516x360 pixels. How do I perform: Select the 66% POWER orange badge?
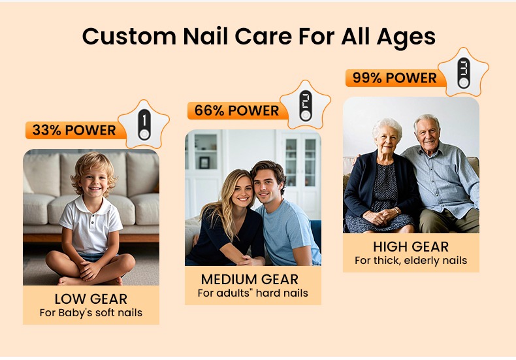point(236,110)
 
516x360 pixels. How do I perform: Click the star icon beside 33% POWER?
point(143,125)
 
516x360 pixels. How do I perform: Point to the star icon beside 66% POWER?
point(304,105)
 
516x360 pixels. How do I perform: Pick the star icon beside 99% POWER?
point(463,72)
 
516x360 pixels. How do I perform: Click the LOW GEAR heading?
point(91,299)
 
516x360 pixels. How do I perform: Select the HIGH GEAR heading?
point(411,247)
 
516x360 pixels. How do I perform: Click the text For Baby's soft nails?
point(91,313)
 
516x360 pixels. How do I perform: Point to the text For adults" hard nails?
point(252,293)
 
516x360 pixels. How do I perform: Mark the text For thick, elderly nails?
point(411,261)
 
